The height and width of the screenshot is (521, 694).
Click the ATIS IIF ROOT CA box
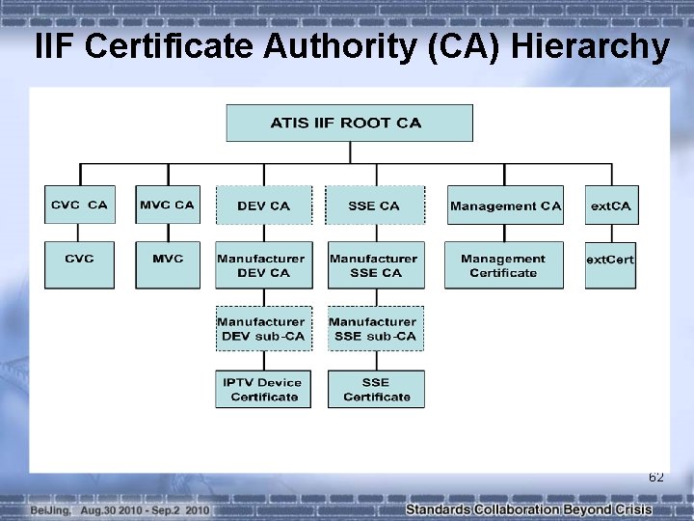(x=349, y=123)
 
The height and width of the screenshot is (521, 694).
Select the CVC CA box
(x=79, y=206)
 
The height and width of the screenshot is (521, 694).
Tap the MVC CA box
(x=167, y=206)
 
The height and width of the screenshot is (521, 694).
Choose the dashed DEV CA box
(x=263, y=206)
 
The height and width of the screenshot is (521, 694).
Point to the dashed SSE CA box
(x=375, y=206)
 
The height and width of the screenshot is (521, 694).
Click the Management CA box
(x=505, y=206)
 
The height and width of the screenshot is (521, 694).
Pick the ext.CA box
(x=610, y=206)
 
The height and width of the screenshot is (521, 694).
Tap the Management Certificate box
(x=503, y=264)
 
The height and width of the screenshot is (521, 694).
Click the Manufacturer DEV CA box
(x=263, y=264)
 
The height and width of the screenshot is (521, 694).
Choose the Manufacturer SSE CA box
(x=375, y=264)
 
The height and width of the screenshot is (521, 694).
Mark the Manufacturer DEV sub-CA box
(x=263, y=328)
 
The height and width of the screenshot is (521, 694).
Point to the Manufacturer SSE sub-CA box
(x=375, y=328)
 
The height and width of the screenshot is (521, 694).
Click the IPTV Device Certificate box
(x=263, y=389)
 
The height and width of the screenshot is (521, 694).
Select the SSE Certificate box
(x=375, y=389)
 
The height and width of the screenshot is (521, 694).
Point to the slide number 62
(x=655, y=478)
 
